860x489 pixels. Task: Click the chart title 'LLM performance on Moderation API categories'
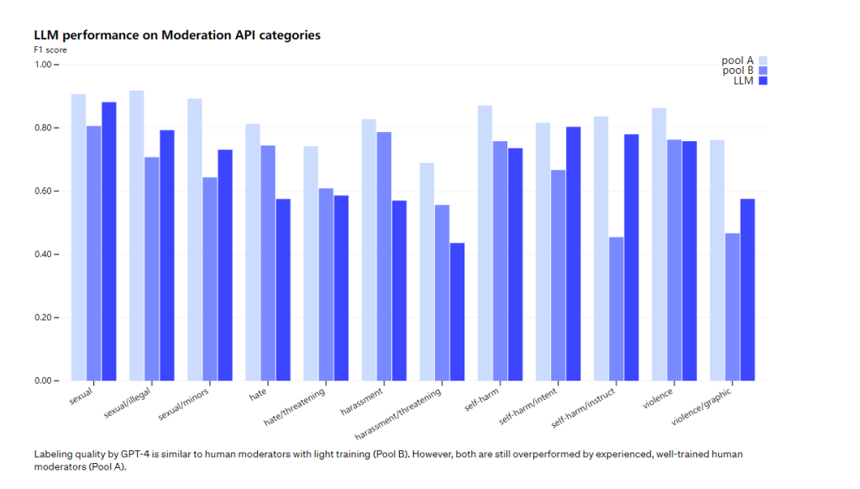[x=176, y=35]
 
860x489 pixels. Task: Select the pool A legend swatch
[x=763, y=60]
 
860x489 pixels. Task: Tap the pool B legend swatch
[x=763, y=71]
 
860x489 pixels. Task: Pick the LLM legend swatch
[x=763, y=81]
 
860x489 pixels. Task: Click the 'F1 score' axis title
[x=50, y=50]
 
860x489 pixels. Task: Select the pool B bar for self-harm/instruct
[x=616, y=309]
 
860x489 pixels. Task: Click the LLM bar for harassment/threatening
[x=457, y=312]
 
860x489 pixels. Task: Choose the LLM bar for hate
[x=282, y=290]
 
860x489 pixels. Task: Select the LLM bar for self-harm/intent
[x=573, y=254]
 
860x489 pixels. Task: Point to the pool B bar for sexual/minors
[x=209, y=279]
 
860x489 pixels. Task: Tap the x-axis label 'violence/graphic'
[x=702, y=407]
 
